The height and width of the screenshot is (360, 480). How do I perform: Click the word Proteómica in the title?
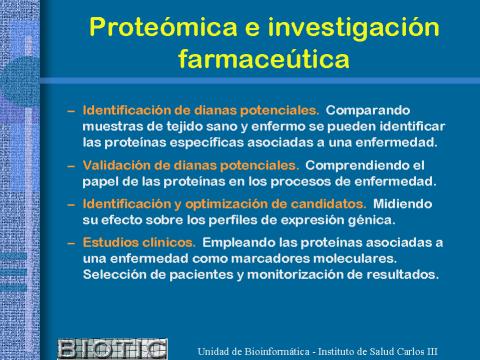[x=163, y=27]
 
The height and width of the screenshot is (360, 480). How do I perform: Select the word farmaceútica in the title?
[x=264, y=59]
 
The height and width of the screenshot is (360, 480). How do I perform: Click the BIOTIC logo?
[x=113, y=349]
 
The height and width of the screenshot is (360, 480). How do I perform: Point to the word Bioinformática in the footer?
[x=277, y=351]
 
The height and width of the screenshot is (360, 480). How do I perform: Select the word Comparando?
[x=368, y=111]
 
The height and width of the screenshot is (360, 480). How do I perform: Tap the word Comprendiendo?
[x=355, y=166]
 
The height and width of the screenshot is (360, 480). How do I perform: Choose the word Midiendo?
[x=403, y=204]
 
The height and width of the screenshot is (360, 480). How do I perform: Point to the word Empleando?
[x=239, y=243]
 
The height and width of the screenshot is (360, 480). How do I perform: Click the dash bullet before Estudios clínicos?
[x=71, y=243]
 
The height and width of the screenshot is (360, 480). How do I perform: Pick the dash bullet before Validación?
[x=71, y=166]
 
